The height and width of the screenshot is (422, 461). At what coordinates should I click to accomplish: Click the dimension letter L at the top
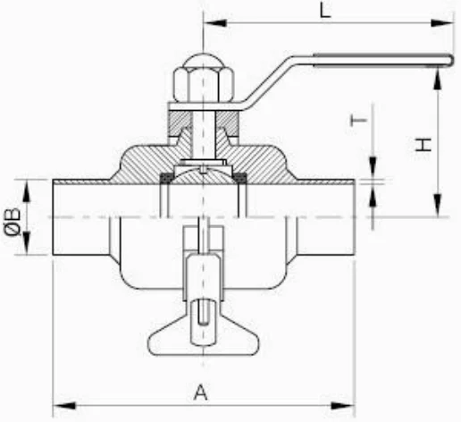[x=325, y=11]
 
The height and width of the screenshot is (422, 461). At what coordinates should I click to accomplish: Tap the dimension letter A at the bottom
[x=201, y=392]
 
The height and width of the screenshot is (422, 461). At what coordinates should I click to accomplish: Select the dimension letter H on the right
[x=423, y=145]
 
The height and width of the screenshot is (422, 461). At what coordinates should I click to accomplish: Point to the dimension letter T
[x=358, y=121]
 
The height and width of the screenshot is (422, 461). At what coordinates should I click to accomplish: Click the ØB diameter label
[x=13, y=222]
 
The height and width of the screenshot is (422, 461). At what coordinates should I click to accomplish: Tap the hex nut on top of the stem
[x=203, y=85]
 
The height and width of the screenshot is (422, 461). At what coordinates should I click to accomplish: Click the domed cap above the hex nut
[x=203, y=60]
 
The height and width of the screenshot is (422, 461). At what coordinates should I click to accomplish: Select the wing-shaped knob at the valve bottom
[x=204, y=337]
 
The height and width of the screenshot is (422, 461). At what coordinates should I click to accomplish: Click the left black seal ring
[x=166, y=178]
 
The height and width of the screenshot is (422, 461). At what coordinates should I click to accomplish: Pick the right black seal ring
[x=240, y=178]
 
